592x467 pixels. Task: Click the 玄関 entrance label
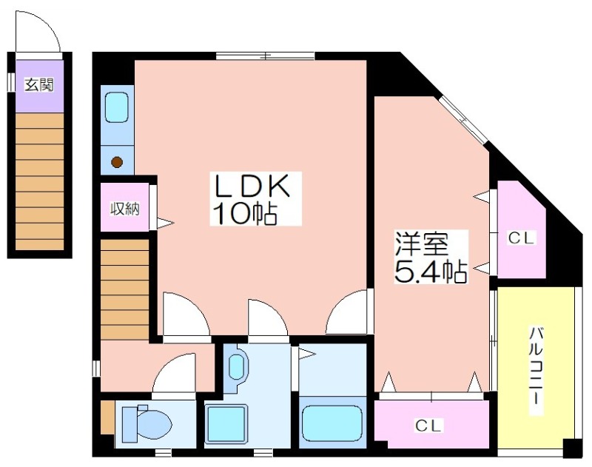[39, 85]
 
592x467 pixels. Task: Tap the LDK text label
[252, 186]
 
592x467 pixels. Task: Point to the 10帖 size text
[245, 214]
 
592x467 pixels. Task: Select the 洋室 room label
[421, 243]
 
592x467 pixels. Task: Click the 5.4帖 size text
[431, 272]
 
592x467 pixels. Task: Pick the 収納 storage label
[125, 209]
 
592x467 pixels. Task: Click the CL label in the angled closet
[522, 238]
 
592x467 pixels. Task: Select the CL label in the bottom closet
[428, 426]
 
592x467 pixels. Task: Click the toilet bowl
[147, 424]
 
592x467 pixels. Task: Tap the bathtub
[332, 423]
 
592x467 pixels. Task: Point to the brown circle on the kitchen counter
[117, 162]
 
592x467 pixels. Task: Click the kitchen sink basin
[117, 107]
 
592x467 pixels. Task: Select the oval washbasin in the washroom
[236, 367]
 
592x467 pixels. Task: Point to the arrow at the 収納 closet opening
[165, 223]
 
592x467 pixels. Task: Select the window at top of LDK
[266, 56]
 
